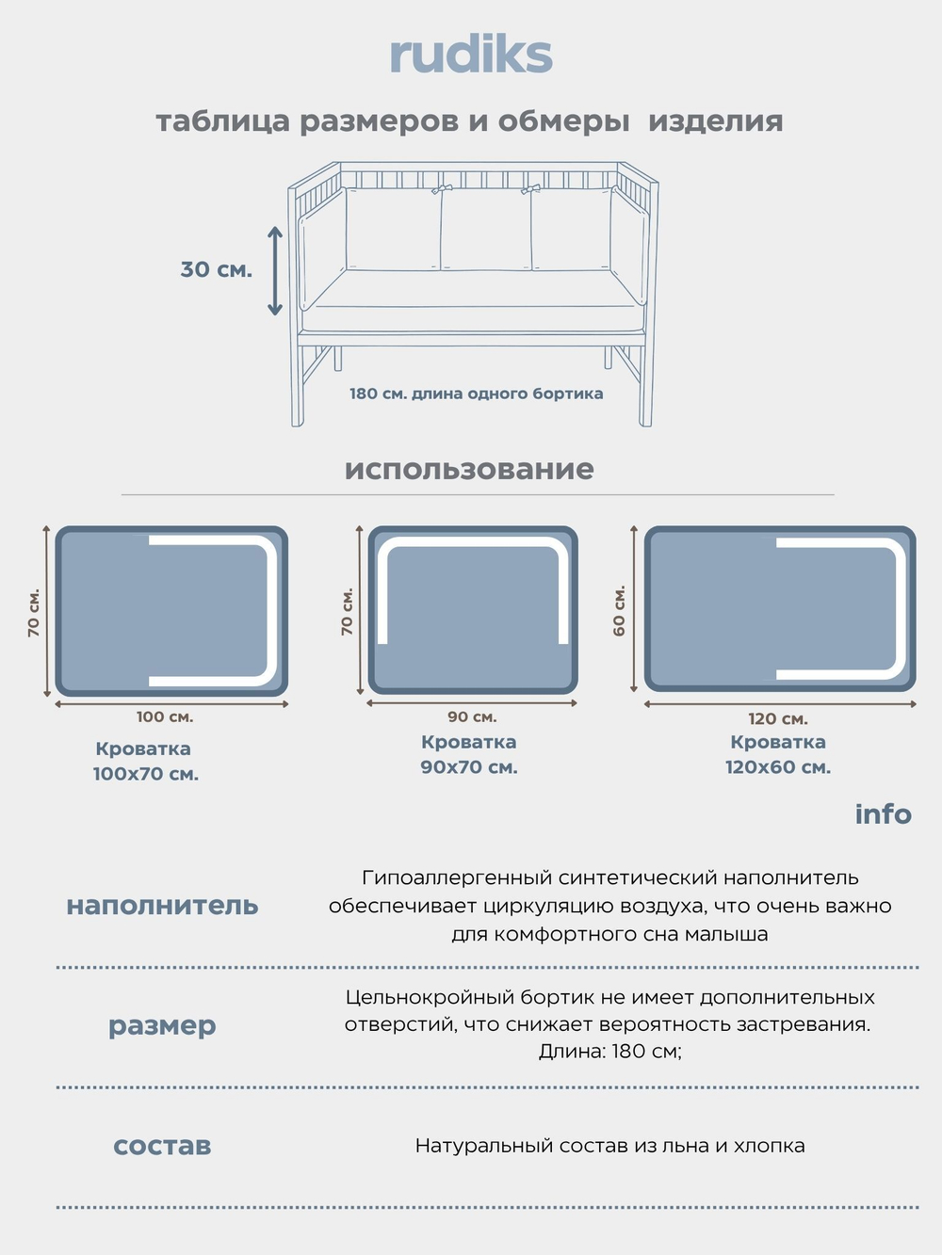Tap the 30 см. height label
pyautogui.click(x=216, y=269)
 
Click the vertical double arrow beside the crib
pyautogui.click(x=274, y=270)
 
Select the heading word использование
pyautogui.click(x=469, y=469)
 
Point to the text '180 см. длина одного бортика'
pyautogui.click(x=476, y=394)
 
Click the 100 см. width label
pyautogui.click(x=165, y=716)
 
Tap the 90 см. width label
pyautogui.click(x=472, y=716)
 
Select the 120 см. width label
pyautogui.click(x=778, y=718)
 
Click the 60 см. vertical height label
pyautogui.click(x=619, y=610)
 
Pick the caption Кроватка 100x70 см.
pyautogui.click(x=145, y=761)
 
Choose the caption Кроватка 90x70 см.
pyautogui.click(x=469, y=754)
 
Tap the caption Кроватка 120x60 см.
pyautogui.click(x=778, y=754)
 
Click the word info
pyautogui.click(x=883, y=813)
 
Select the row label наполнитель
pyautogui.click(x=162, y=905)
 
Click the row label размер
pyautogui.click(x=162, y=1024)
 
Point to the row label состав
pyautogui.click(x=162, y=1145)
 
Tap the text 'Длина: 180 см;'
pyautogui.click(x=609, y=1051)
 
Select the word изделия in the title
pyautogui.click(x=715, y=121)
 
